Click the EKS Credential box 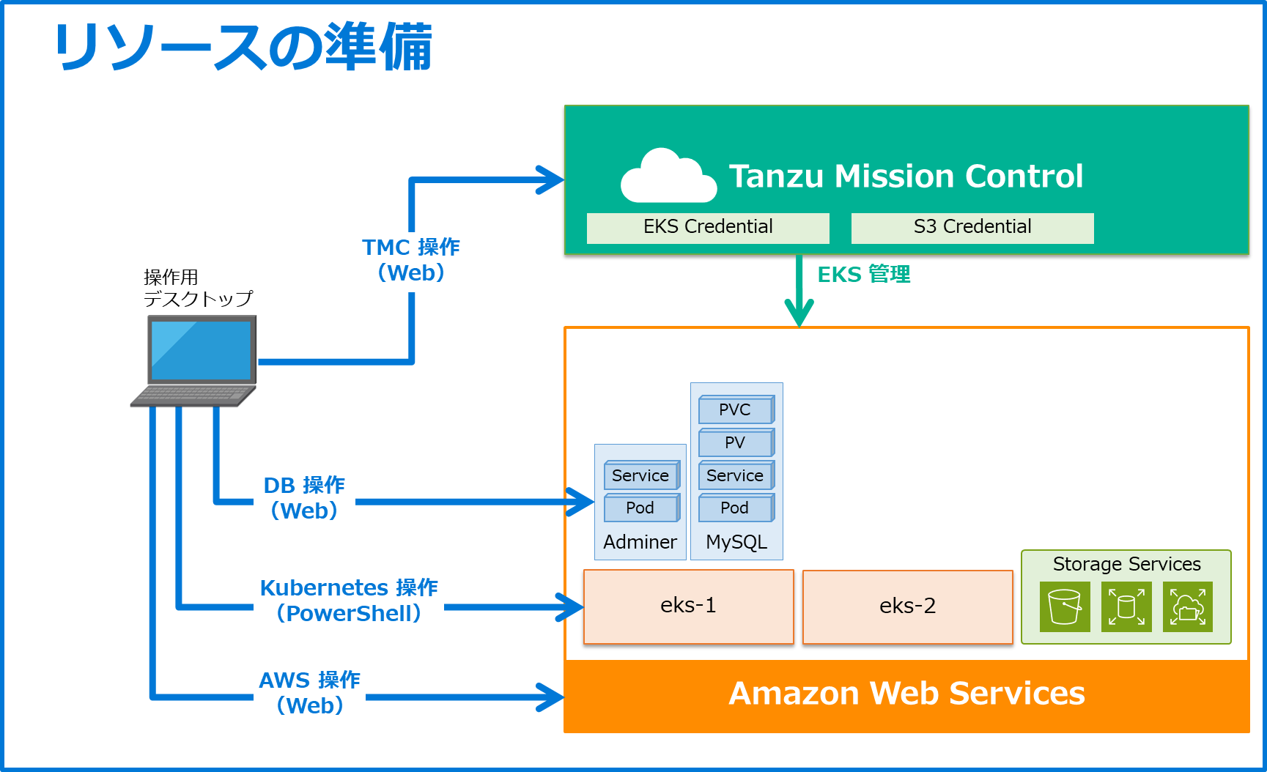click(708, 227)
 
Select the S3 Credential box click(972, 227)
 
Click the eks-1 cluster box click(688, 606)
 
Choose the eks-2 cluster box click(907, 606)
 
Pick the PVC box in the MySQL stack click(735, 409)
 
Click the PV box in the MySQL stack click(735, 442)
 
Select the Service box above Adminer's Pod click(640, 475)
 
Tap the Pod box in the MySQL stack click(735, 508)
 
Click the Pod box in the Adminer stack click(640, 508)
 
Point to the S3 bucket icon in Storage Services click(1064, 606)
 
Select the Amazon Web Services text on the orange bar click(906, 694)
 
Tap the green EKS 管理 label click(863, 275)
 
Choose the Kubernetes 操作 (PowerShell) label click(349, 601)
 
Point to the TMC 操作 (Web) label click(411, 260)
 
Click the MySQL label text click(736, 542)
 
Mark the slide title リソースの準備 click(243, 47)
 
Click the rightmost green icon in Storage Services click(1187, 606)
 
